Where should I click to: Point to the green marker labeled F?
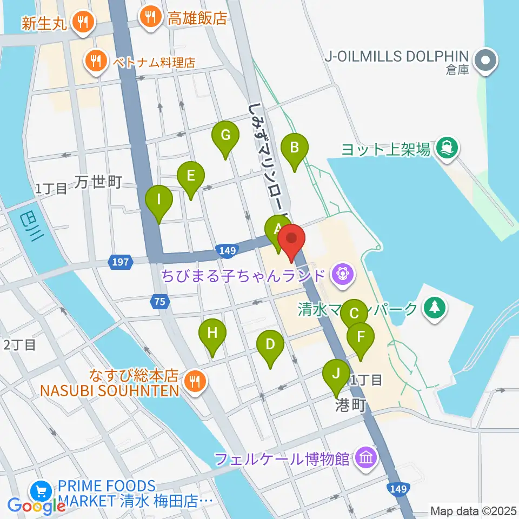coord(360,337)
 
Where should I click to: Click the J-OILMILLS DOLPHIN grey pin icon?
coord(485,61)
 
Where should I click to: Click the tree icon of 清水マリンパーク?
coord(435,308)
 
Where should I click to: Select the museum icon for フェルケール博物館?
coord(366,458)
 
